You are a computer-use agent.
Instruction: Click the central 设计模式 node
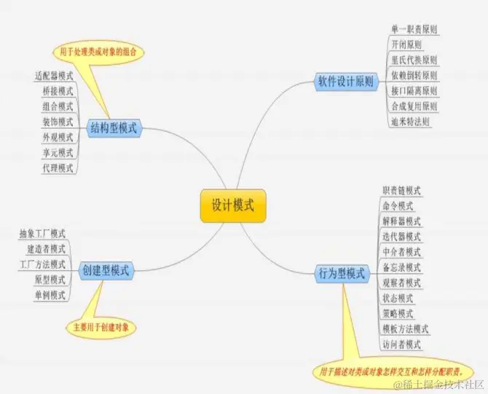coord(232,206)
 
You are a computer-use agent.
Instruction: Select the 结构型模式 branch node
coord(114,128)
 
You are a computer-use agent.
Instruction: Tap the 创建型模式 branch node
coord(105,270)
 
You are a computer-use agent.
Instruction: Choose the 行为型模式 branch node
coord(341,273)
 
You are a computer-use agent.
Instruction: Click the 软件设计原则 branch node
coord(345,82)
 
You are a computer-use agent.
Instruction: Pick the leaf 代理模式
coord(58,168)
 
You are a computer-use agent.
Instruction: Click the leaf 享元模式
coord(58,153)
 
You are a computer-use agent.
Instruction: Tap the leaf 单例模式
coord(50,295)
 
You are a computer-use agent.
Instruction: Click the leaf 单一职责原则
coord(414,29)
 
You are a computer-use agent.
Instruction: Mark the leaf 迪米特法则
coord(410,122)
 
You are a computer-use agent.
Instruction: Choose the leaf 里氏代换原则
coord(414,60)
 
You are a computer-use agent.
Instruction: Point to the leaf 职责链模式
coord(401,190)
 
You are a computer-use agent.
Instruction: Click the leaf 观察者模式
coord(401,283)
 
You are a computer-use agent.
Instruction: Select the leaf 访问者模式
coord(401,344)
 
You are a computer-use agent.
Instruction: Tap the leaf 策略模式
coord(398,313)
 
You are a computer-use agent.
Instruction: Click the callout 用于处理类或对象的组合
coord(97,52)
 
